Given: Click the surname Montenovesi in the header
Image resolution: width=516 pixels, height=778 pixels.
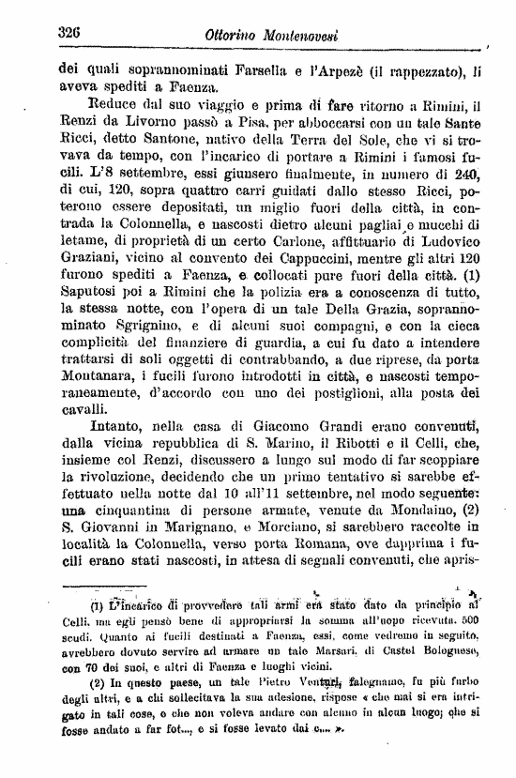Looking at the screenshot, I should point(295,35).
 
